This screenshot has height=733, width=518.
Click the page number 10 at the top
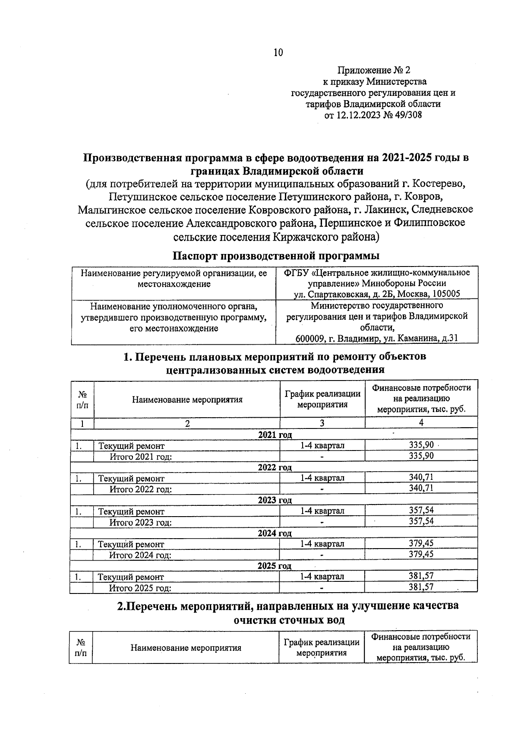(278, 53)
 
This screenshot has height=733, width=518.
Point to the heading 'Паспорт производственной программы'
(276, 256)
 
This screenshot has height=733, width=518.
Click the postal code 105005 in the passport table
(445, 294)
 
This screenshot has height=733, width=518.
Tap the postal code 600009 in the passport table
(310, 338)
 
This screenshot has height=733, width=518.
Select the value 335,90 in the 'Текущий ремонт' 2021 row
(421, 445)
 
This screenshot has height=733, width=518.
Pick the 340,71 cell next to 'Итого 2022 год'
(421, 488)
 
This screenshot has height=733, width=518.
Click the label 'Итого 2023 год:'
(141, 522)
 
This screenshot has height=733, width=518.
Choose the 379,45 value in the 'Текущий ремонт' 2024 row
(421, 543)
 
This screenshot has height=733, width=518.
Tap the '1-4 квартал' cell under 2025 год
(322, 576)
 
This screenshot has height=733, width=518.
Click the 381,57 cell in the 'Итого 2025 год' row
(421, 587)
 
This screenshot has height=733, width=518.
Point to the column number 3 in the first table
(322, 423)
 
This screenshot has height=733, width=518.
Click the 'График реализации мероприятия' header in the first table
(322, 399)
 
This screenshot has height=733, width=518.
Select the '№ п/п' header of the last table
(81, 648)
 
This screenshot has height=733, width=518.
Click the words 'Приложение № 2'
(374, 70)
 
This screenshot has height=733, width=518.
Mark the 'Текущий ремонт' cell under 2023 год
(131, 511)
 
